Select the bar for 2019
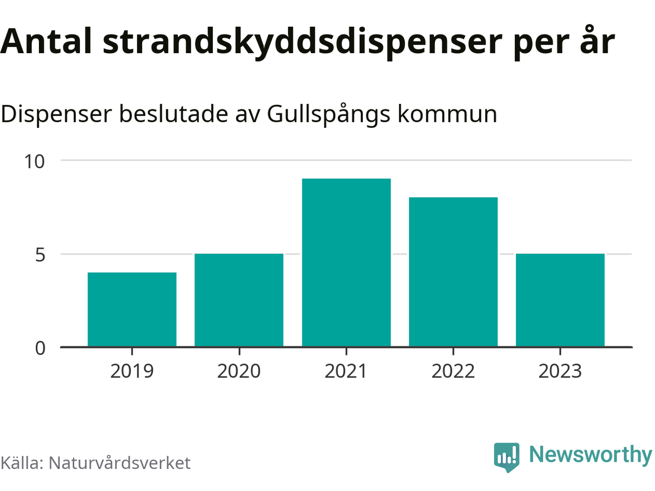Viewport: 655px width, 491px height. tap(132, 309)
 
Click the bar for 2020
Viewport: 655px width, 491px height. tap(239, 300)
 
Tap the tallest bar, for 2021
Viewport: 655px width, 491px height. tap(346, 262)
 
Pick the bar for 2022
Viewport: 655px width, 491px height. tap(453, 272)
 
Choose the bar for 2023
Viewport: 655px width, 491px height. tap(560, 300)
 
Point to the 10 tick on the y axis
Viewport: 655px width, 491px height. tap(35, 162)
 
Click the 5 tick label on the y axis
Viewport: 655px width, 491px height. tap(40, 255)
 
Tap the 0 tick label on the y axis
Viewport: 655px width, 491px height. tap(40, 348)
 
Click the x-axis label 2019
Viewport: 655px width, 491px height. tap(132, 371)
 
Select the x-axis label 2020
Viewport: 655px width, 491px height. tap(239, 371)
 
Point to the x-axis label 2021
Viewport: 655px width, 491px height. tap(346, 371)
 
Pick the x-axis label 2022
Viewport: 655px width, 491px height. tap(453, 371)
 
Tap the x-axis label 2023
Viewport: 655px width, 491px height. tap(560, 371)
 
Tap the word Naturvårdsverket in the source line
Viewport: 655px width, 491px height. tap(119, 463)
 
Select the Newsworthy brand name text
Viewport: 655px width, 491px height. tap(591, 455)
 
